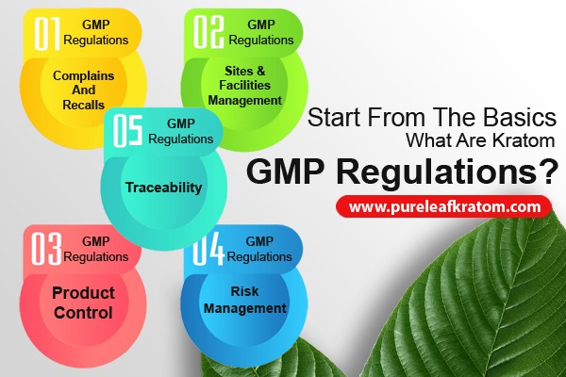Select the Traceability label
click(x=163, y=188)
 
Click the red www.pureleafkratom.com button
click(x=444, y=205)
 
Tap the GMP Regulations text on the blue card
click(x=267, y=249)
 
